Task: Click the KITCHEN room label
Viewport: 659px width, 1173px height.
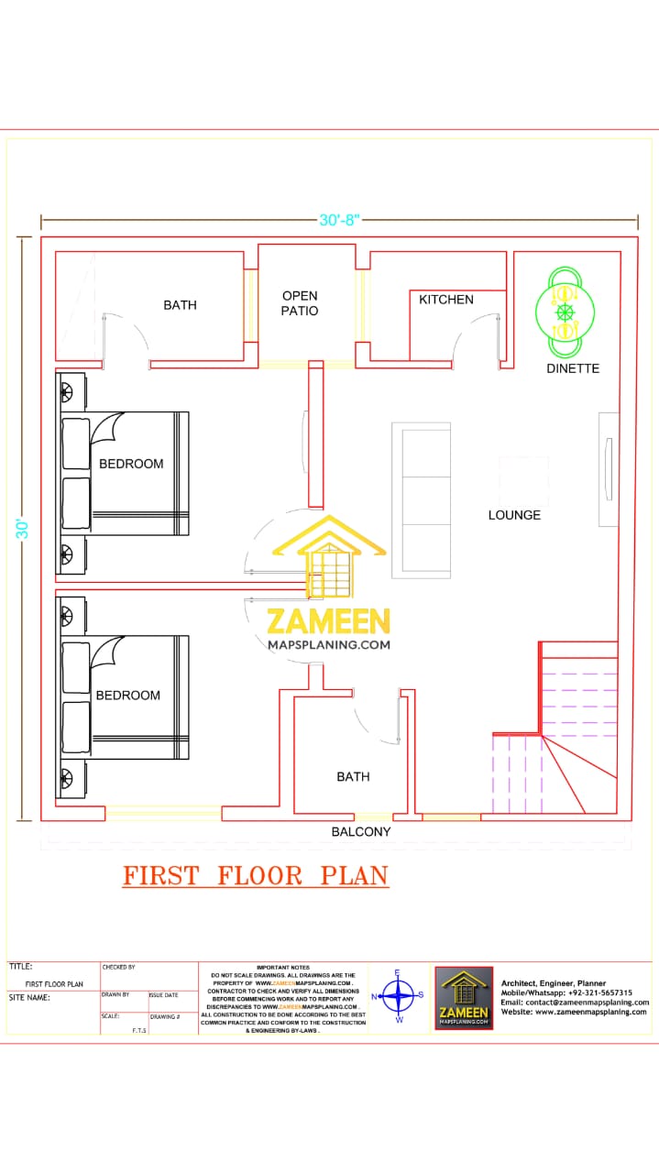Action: [x=446, y=300]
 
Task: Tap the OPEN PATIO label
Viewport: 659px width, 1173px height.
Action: [x=300, y=303]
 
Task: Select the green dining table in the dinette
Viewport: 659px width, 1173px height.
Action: [x=565, y=312]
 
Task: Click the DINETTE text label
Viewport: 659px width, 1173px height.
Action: [x=573, y=368]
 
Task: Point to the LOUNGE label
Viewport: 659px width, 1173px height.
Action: [x=514, y=515]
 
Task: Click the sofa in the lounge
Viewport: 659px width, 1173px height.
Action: [x=421, y=499]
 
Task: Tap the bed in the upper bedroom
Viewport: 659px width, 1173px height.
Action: [x=126, y=473]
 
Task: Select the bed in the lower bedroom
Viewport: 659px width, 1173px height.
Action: [x=126, y=697]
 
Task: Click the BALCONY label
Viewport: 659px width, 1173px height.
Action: [x=361, y=832]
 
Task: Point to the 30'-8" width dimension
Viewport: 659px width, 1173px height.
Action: [x=339, y=220]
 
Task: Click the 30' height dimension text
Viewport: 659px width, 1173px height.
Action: [x=22, y=529]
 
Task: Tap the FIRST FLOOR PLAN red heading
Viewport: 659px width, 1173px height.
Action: [x=256, y=876]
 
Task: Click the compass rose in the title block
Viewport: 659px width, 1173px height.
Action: [x=398, y=995]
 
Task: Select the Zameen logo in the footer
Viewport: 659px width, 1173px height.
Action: [x=464, y=998]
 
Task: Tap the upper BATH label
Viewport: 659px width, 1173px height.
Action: [x=180, y=305]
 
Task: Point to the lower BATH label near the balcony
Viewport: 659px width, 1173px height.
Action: [x=353, y=777]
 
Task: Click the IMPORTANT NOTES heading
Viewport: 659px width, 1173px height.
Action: [x=283, y=968]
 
